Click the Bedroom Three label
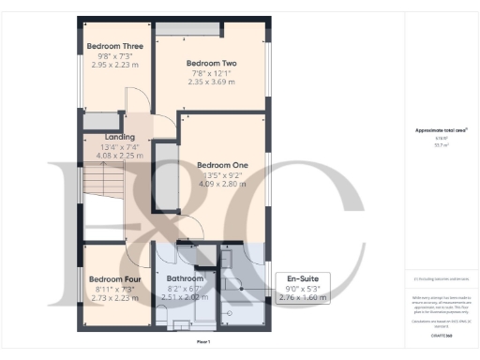tap(115, 45)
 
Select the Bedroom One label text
tap(221, 165)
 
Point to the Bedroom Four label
tap(115, 278)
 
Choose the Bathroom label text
tap(186, 278)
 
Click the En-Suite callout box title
tap(303, 278)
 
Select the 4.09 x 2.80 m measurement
tap(221, 183)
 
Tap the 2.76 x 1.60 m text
tap(303, 297)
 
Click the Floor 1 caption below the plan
tap(203, 343)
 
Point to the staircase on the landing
tap(99, 178)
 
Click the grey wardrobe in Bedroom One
tap(166, 176)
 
